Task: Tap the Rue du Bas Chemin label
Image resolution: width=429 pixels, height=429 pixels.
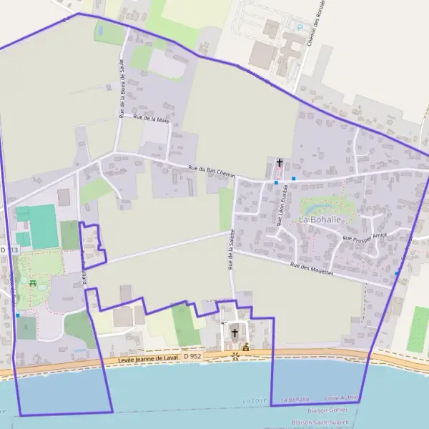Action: (211, 171)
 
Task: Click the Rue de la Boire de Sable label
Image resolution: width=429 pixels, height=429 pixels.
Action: (122, 89)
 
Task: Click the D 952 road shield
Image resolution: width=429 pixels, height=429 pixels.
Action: (192, 355)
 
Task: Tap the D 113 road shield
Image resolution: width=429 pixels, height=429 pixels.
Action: (8, 250)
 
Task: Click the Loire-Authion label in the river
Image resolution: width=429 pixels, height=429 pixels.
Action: (342, 398)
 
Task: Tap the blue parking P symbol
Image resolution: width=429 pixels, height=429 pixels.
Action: (300, 27)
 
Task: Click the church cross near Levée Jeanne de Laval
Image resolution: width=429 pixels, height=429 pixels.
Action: (234, 332)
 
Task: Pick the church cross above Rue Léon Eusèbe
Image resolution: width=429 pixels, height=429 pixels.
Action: (280, 164)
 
